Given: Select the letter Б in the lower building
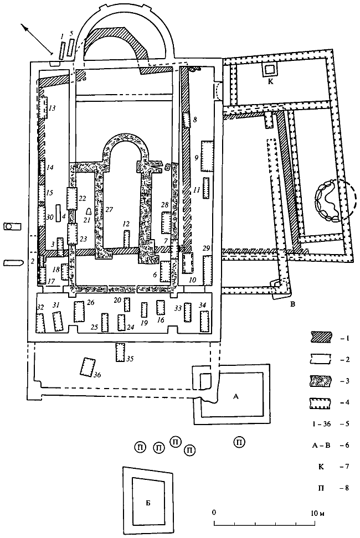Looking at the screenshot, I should point(147,503).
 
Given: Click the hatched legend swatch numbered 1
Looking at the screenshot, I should point(317,336).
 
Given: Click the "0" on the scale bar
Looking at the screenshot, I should point(214,513).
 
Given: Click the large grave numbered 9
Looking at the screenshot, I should point(207,156).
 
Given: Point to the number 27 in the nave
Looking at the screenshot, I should point(109,209).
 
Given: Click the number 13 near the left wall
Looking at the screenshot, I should point(52,108).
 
